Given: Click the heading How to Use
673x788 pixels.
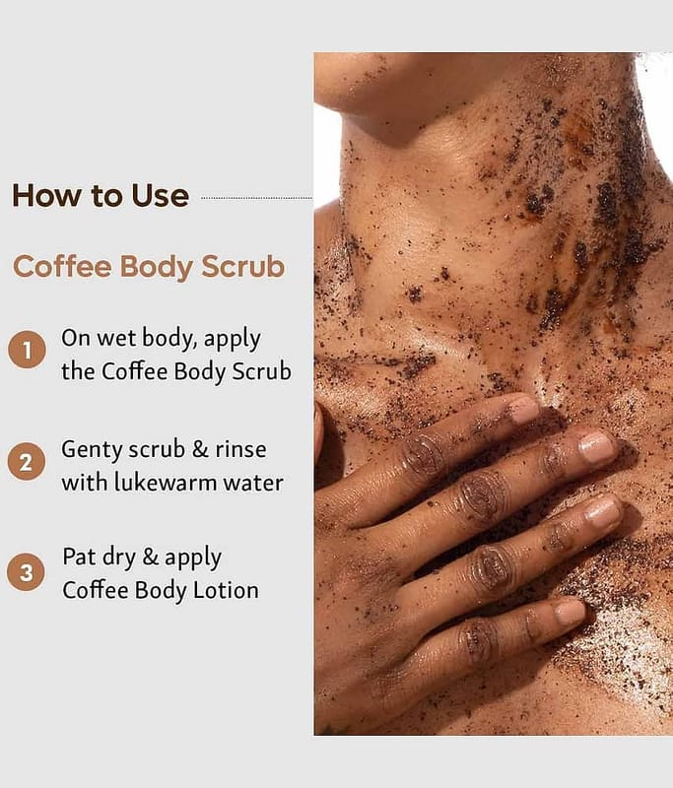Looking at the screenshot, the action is pyautogui.click(x=101, y=196).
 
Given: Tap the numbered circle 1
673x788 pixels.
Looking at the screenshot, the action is pyautogui.click(x=27, y=350).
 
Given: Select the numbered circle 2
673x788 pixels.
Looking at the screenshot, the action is pyautogui.click(x=27, y=461).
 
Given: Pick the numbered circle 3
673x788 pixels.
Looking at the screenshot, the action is pyautogui.click(x=26, y=572).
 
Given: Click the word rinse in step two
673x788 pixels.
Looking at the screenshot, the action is pyautogui.click(x=240, y=449).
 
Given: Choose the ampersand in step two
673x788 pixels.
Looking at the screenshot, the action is pyautogui.click(x=200, y=449).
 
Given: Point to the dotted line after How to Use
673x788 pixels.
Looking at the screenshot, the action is pyautogui.click(x=256, y=198).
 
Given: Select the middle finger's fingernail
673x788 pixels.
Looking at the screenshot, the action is pyautogui.click(x=597, y=448).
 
